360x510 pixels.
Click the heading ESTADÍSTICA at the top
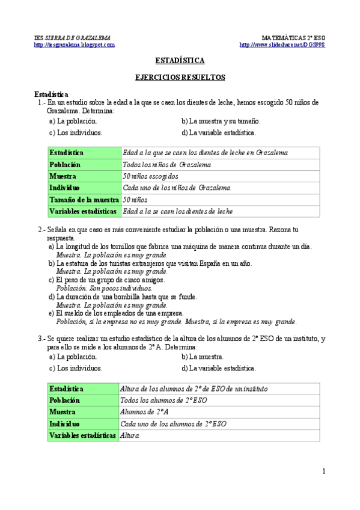180,61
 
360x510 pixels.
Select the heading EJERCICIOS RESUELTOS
180,78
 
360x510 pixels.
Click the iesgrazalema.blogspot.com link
75,45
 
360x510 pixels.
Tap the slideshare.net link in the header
282,45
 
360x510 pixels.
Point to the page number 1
323,471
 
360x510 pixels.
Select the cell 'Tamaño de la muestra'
84,200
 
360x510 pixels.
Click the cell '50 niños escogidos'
150,176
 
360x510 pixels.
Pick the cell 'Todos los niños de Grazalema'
166,165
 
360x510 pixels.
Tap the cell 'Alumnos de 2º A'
144,412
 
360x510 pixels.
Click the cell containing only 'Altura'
130,435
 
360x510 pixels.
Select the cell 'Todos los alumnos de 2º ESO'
163,401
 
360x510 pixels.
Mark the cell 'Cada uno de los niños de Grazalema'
175,188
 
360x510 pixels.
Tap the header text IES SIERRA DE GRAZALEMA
72,37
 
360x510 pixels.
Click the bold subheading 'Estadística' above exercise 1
51,94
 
